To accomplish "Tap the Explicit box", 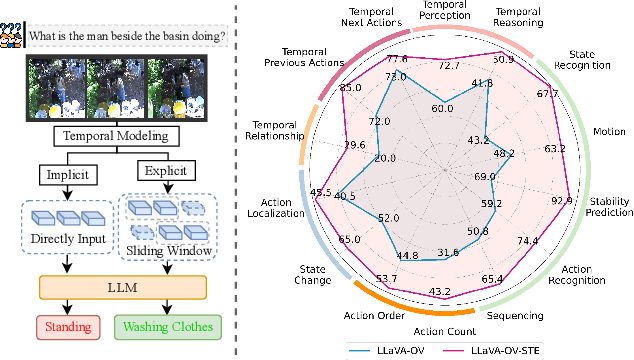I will (x=164, y=172).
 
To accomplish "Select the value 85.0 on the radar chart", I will (x=350, y=88).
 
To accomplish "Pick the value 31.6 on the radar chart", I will (x=441, y=253).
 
